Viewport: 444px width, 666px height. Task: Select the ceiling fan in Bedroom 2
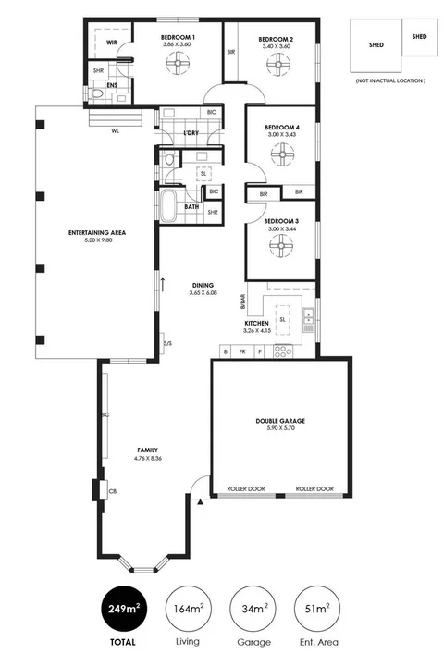click(x=277, y=63)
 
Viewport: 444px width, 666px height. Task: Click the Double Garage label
click(x=280, y=421)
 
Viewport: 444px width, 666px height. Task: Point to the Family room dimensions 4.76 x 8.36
click(x=129, y=456)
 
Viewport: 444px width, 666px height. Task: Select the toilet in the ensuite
click(x=99, y=93)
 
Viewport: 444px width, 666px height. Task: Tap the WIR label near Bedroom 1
click(x=111, y=43)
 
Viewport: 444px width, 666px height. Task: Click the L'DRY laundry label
click(x=191, y=133)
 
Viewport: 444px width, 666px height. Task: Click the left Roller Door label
click(x=245, y=488)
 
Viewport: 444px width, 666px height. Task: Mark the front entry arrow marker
click(x=201, y=500)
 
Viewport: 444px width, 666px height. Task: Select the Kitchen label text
click(x=256, y=323)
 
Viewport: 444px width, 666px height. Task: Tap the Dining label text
click(x=203, y=285)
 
